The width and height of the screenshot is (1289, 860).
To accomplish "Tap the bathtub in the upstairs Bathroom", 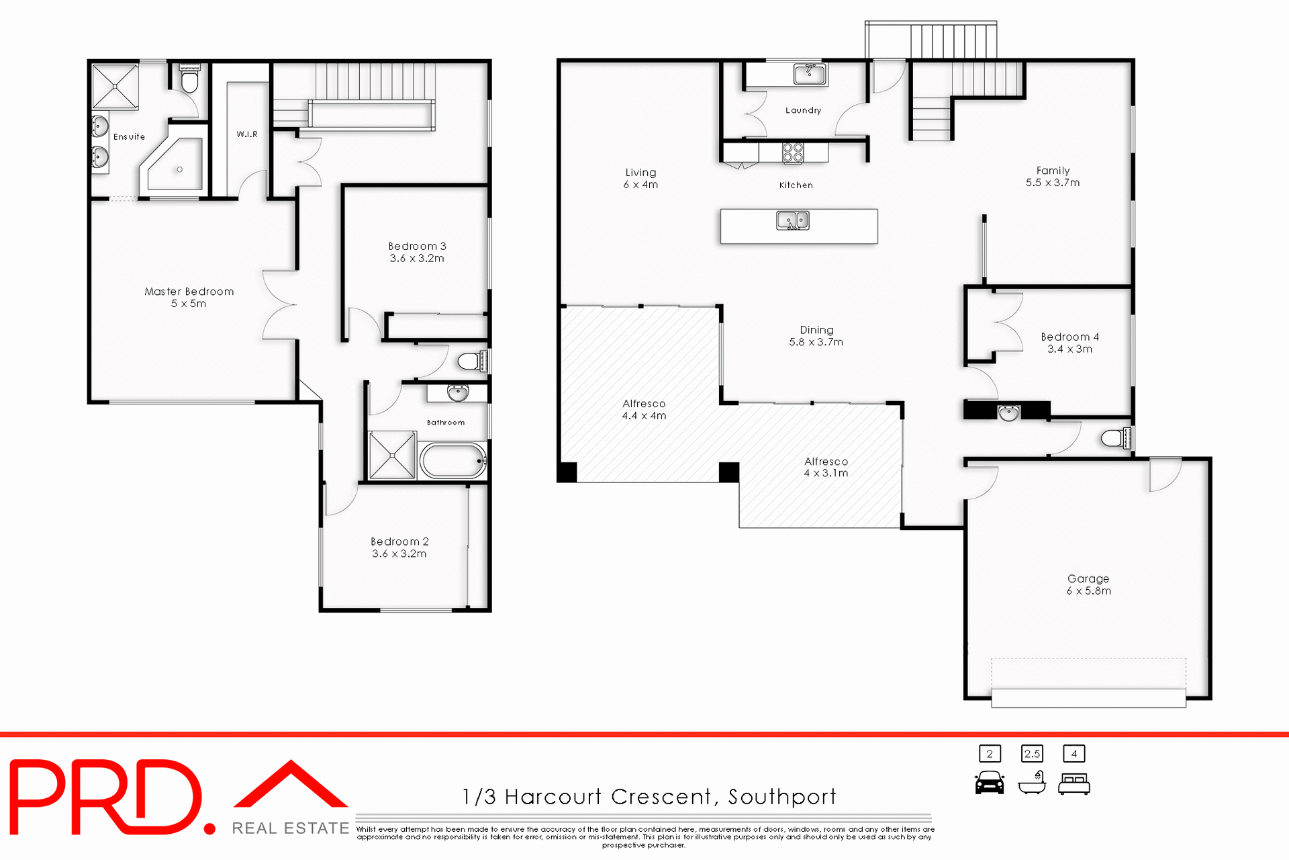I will pyautogui.click(x=453, y=461).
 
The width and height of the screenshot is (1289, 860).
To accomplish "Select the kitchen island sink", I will pyautogui.click(x=793, y=220).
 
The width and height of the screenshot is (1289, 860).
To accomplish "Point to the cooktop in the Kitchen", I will pyautogui.click(x=793, y=153).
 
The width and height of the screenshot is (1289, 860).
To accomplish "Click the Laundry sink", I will pyautogui.click(x=810, y=73).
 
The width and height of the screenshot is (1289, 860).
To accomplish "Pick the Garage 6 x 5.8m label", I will pyautogui.click(x=1088, y=585).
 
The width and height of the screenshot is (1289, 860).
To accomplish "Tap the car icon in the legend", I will pyautogui.click(x=990, y=783).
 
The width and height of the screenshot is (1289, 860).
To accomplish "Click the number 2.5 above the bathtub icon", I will pyautogui.click(x=1032, y=754).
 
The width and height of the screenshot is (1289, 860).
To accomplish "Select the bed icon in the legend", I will pyautogui.click(x=1074, y=784).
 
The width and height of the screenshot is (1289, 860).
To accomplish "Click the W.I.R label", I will pyautogui.click(x=247, y=134).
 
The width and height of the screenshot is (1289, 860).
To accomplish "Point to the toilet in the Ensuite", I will pyautogui.click(x=190, y=81).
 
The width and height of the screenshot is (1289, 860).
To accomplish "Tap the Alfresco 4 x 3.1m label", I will pyautogui.click(x=826, y=468).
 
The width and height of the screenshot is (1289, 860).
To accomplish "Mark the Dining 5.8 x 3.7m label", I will pyautogui.click(x=816, y=336).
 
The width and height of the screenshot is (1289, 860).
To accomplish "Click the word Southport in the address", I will pyautogui.click(x=782, y=797).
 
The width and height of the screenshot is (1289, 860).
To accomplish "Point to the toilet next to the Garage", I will pyautogui.click(x=1115, y=439).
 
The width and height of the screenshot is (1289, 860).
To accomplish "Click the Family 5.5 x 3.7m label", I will pyautogui.click(x=1053, y=177).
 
